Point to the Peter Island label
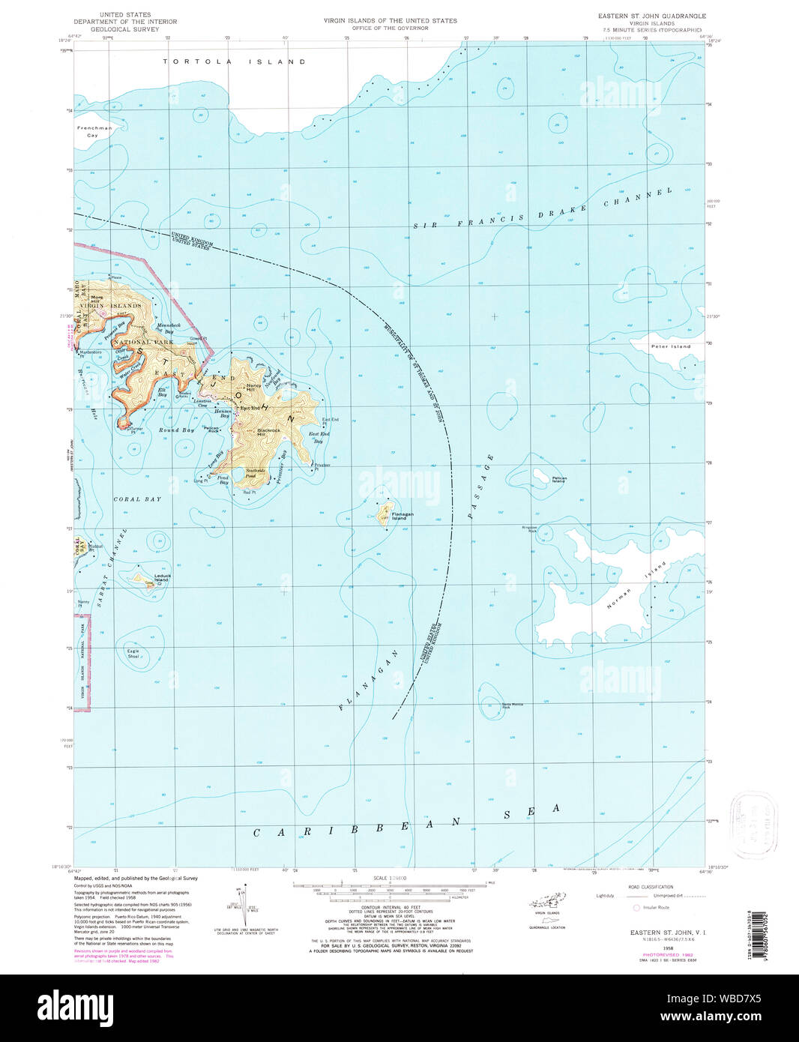(670, 346)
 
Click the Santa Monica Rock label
(511, 705)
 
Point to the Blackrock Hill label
(268, 432)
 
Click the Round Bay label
(176, 430)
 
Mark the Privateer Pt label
(322, 466)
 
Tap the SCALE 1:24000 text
(391, 877)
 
